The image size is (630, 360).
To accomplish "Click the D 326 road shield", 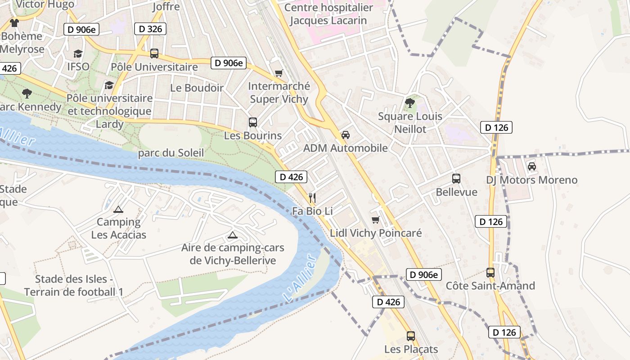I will [x=150, y=29].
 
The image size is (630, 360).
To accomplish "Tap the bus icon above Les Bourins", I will [x=253, y=122].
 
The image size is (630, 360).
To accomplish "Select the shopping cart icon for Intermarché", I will [x=279, y=73].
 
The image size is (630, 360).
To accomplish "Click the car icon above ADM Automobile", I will [x=346, y=135].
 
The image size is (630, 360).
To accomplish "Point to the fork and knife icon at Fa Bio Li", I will [x=312, y=198].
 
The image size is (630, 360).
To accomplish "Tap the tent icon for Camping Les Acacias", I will [x=118, y=209].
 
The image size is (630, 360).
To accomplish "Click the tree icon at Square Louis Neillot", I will [x=409, y=103].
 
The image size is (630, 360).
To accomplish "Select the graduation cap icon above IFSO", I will [x=78, y=54].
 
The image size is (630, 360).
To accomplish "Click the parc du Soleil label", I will [x=171, y=153].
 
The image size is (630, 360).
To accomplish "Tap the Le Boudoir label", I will [x=197, y=88].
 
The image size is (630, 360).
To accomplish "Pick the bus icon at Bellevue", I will [x=456, y=179].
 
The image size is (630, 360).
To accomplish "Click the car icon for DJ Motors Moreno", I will [x=532, y=166].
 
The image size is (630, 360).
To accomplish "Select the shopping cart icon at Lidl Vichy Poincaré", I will [x=375, y=220].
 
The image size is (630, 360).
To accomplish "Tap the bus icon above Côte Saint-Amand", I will [x=490, y=272].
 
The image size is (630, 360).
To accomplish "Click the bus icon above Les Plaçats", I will [x=411, y=336].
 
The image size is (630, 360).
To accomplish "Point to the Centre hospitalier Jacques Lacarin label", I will [x=328, y=14].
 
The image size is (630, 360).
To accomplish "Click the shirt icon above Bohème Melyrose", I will [x=14, y=22].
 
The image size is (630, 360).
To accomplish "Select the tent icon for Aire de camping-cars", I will [x=232, y=234].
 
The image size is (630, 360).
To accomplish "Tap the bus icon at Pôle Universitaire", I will [x=154, y=54].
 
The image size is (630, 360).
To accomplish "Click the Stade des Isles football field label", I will [x=74, y=285].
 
